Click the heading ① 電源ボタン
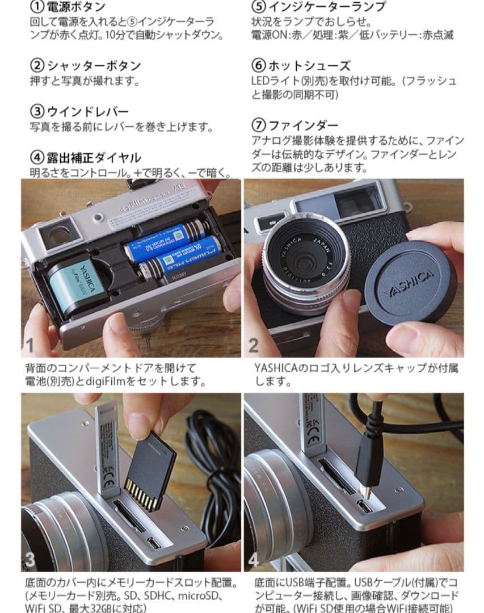68,7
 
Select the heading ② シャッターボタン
85,66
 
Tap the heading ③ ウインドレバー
79,112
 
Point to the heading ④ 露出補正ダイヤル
85,158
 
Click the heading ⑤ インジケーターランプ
318,7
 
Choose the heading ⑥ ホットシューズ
301,66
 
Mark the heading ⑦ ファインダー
294,125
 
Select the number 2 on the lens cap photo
254,344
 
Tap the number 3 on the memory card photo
30,560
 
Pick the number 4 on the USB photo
254,560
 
